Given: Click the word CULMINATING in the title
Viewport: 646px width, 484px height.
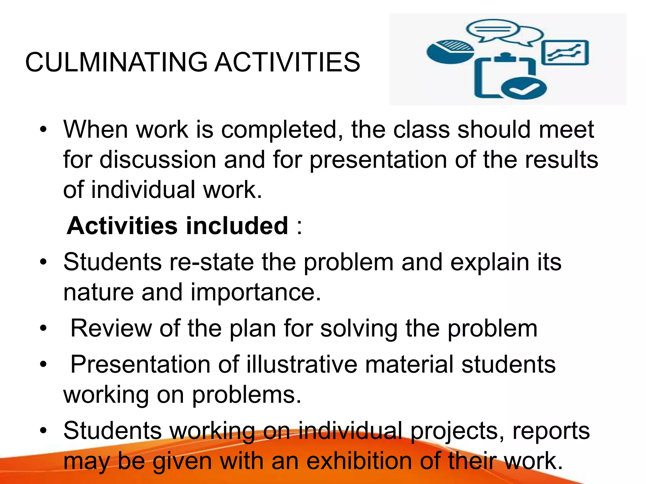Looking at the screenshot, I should point(116,62).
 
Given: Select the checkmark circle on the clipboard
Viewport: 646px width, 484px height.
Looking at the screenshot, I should point(524,89).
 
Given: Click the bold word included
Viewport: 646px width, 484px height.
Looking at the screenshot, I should point(237,226).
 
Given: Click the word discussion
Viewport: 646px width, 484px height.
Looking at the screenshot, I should point(158,160).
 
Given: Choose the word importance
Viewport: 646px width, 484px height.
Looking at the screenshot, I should point(255,292).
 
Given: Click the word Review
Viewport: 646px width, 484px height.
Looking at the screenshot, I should point(111,329).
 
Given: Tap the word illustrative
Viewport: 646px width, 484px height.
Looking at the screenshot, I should point(302,365).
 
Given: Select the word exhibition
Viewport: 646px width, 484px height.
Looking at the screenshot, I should point(359,461).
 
